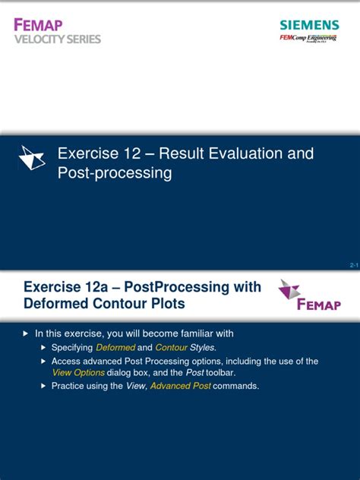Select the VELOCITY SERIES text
[57, 39]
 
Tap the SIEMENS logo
[308, 25]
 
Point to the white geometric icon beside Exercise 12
[31, 157]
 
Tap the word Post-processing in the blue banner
[115, 173]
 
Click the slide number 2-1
[353, 265]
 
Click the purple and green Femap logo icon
[289, 290]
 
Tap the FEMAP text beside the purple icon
[318, 304]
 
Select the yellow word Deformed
[115, 347]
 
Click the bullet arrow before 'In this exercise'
[25, 333]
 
